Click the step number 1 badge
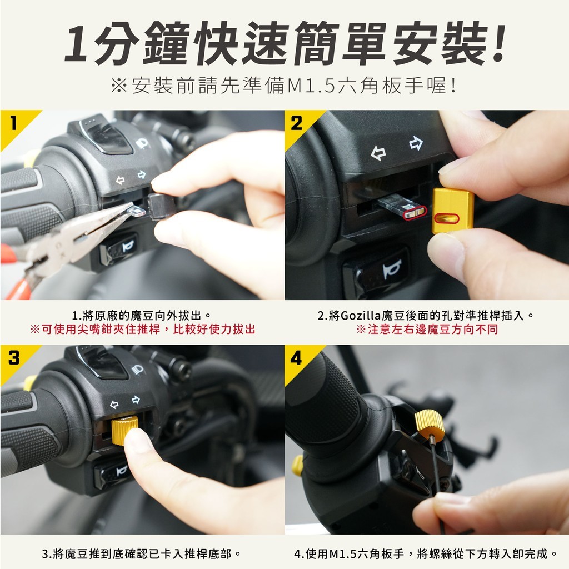[13, 123]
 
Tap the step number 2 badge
[297, 123]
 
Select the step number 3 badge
[14, 358]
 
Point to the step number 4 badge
[296, 358]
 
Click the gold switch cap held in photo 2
[453, 211]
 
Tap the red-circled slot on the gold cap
[447, 218]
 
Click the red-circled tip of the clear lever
[415, 213]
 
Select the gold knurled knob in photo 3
[125, 431]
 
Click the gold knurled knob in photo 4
[430, 425]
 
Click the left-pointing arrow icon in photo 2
[378, 153]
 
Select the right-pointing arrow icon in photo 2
[416, 143]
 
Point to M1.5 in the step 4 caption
[343, 554]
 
